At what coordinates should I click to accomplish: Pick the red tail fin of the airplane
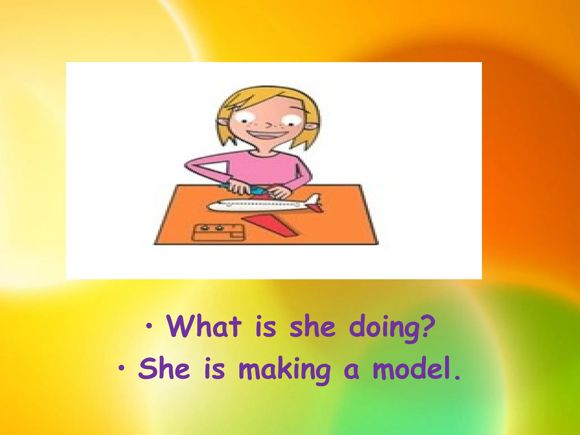(315, 200)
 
